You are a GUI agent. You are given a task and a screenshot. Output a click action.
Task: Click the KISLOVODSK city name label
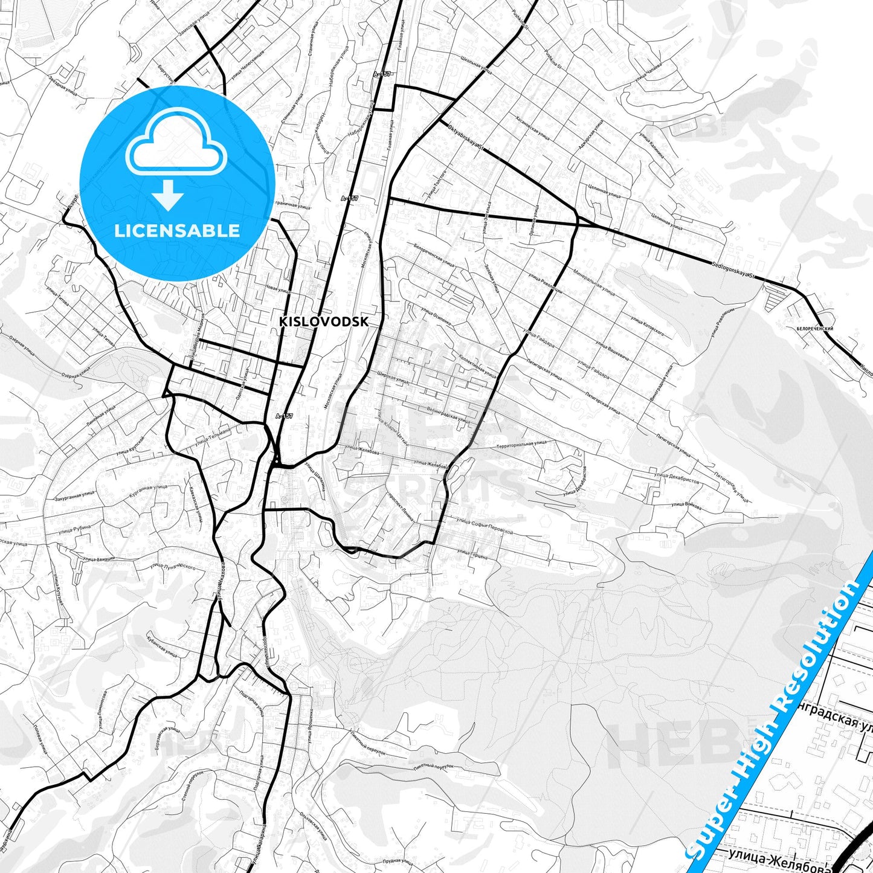[323, 322]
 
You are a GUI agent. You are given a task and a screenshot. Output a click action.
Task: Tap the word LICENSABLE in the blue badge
[177, 230]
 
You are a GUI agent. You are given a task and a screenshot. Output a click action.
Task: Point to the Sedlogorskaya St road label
[733, 269]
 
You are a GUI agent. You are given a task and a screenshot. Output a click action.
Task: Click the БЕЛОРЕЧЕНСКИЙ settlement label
[814, 328]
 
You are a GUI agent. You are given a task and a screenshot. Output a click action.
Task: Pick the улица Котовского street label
[647, 324]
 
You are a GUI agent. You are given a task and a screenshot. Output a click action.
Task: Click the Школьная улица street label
[476, 65]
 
